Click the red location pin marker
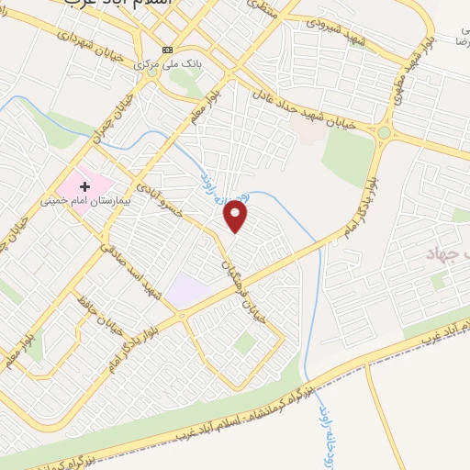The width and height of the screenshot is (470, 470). click(x=237, y=217)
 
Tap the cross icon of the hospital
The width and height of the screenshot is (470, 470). click(x=84, y=185)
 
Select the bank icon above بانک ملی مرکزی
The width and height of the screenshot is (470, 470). click(x=166, y=50)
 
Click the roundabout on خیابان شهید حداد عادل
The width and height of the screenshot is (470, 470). click(x=383, y=133)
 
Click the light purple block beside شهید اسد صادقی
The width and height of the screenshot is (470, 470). click(x=185, y=290)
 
